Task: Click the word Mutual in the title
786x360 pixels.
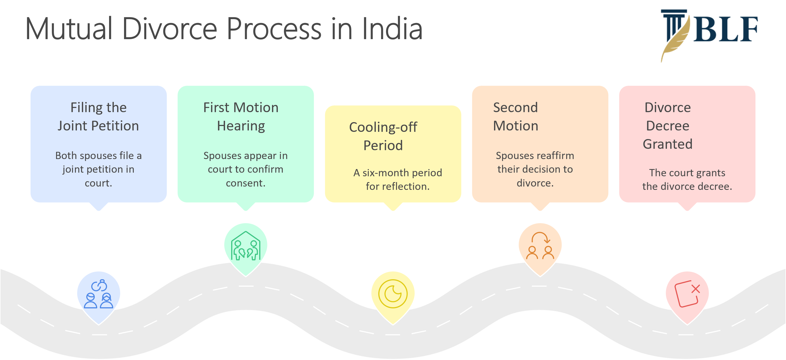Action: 69,29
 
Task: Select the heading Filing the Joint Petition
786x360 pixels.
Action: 98,117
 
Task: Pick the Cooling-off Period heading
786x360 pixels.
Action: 383,136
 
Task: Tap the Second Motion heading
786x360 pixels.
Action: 515,117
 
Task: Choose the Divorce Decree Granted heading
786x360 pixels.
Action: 667,126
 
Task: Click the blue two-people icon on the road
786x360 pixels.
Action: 99,294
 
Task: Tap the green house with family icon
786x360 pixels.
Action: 246,246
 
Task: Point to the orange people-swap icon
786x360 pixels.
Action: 540,246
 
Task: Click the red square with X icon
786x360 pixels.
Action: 687,293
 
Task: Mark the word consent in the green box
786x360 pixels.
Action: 245,183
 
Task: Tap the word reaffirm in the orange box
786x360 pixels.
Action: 556,156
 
